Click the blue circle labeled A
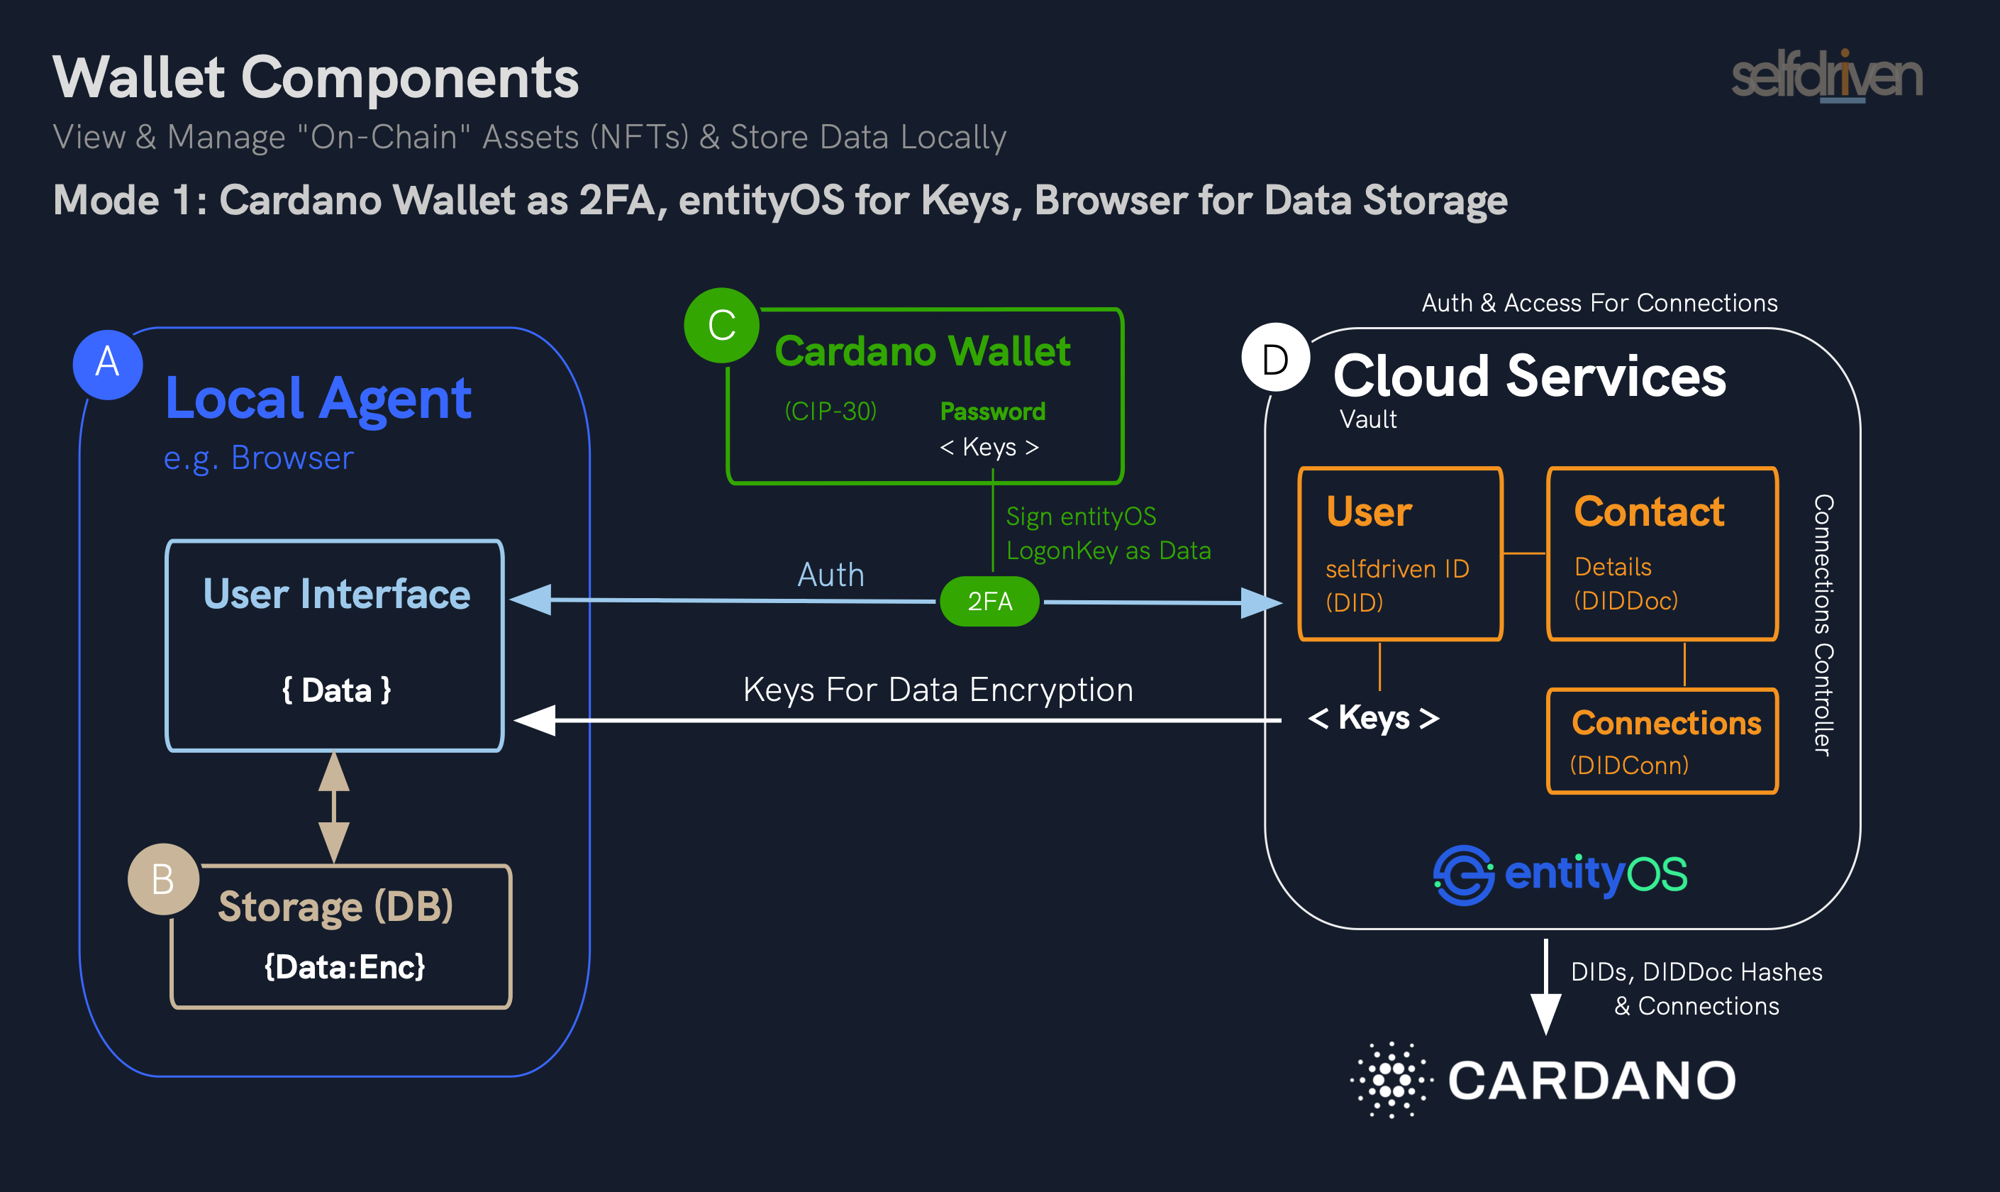(108, 365)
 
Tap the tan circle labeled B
(163, 878)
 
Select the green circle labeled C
(721, 325)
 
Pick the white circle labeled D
(1275, 358)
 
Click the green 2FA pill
(989, 601)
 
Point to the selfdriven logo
(1826, 77)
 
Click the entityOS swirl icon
(1463, 875)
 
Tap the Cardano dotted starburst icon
(1391, 1080)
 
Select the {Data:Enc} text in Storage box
(345, 967)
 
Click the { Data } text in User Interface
(336, 690)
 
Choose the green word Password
(992, 412)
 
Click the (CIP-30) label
(830, 412)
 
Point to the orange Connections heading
(1666, 723)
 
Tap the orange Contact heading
(1649, 512)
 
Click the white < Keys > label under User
(1373, 717)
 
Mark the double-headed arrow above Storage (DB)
(334, 807)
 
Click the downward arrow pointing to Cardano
(1545, 988)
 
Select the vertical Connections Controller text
(1823, 625)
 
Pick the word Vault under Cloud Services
(1367, 419)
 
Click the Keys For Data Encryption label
(938, 690)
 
